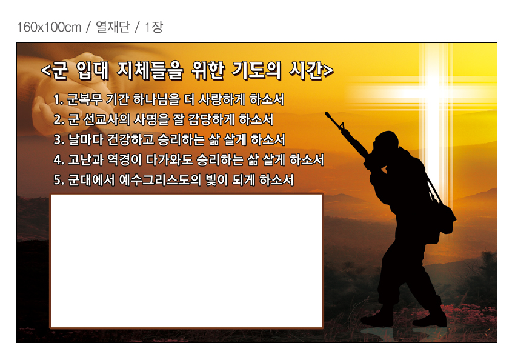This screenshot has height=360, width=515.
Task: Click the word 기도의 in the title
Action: click(x=257, y=71)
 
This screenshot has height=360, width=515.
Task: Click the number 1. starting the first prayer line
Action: click(x=58, y=99)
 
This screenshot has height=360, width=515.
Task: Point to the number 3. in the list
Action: click(x=59, y=139)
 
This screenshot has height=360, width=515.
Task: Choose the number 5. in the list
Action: click(x=59, y=180)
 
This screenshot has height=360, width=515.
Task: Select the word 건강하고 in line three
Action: click(x=131, y=139)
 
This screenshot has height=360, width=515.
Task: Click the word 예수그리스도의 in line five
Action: click(x=159, y=180)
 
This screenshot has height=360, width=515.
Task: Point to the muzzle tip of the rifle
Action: click(x=327, y=114)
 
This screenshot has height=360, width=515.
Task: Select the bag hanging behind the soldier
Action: click(x=444, y=217)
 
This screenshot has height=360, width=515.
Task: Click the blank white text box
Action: click(x=187, y=261)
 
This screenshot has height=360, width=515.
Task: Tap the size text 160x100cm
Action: click(x=49, y=27)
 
